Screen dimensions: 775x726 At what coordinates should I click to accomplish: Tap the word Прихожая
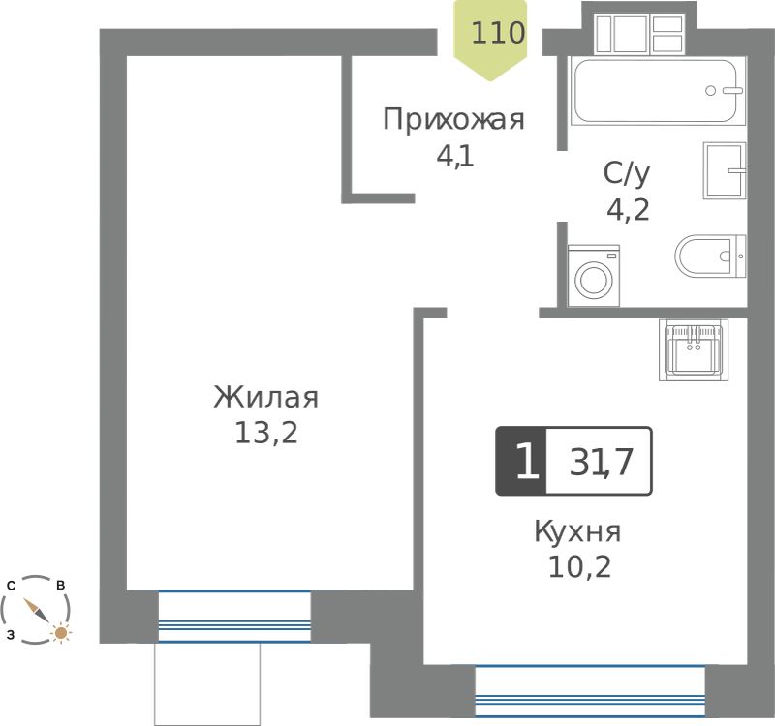coord(453,120)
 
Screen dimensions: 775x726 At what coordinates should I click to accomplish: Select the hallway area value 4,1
coord(454,157)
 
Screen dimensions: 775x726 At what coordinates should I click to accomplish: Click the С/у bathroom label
coord(627,174)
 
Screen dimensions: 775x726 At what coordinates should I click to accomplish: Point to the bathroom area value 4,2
coord(628,210)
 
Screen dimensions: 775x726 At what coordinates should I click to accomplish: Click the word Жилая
coord(265,397)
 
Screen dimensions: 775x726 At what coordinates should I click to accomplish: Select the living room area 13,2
coord(265,433)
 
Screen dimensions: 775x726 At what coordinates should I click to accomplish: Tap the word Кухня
coord(577,531)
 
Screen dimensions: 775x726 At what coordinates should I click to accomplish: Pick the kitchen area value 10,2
coord(579,567)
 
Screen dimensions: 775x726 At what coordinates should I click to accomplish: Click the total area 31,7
coord(601,462)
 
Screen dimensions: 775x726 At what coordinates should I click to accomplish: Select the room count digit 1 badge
coord(522,461)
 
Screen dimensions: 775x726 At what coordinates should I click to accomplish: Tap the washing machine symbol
coord(594,276)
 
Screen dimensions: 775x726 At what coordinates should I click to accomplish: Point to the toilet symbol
coord(710,257)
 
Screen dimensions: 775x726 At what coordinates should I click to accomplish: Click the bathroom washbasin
coord(725,171)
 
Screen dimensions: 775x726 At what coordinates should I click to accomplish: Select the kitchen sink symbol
coord(694,349)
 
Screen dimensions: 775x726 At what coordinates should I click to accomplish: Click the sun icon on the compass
coord(61,632)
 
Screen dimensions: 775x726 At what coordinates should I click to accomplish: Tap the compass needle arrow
coord(36,611)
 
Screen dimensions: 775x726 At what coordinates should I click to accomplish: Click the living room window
coord(234,617)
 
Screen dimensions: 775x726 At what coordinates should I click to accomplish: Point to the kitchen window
coord(590,691)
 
